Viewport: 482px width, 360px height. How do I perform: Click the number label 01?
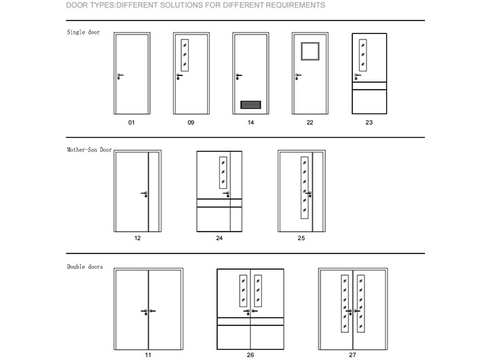(132, 123)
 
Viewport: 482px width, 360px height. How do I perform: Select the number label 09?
(191, 123)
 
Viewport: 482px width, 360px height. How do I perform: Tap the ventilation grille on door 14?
(251, 105)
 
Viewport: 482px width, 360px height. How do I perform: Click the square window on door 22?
(310, 50)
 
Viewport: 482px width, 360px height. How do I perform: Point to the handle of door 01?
(120, 76)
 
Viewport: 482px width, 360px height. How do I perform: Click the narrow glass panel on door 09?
(184, 55)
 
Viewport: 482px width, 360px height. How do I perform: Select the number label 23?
(369, 123)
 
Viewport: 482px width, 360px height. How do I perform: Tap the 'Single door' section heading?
(83, 32)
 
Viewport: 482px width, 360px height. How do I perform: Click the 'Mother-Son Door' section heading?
(89, 149)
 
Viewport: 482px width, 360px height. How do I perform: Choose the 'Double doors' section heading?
(85, 267)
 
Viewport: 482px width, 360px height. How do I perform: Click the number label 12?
(138, 238)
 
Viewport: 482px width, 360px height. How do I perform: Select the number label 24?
(219, 238)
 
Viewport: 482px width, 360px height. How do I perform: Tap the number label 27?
(352, 355)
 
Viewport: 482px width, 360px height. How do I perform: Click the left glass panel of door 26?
(242, 290)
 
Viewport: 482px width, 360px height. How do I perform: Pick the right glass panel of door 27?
(361, 305)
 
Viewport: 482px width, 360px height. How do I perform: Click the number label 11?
(148, 355)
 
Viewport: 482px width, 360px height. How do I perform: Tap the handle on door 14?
(238, 76)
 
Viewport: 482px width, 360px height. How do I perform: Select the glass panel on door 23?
(363, 54)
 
